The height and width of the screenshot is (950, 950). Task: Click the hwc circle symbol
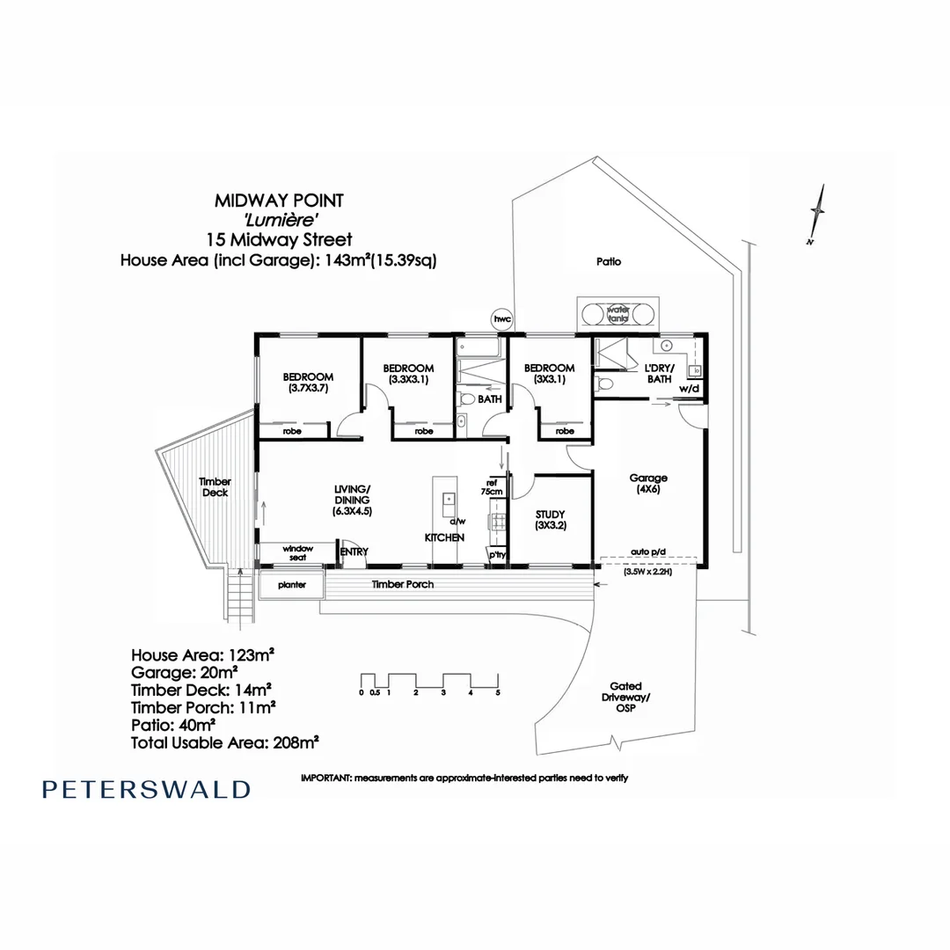pyautogui.click(x=502, y=319)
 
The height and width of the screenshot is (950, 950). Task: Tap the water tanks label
pyautogui.click(x=618, y=313)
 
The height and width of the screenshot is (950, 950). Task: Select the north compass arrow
pyautogui.click(x=817, y=215)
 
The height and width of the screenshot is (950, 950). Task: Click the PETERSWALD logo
pyautogui.click(x=146, y=789)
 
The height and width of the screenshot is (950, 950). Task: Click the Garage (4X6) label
pyautogui.click(x=648, y=484)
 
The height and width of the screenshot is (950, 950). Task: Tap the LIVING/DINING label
pyautogui.click(x=352, y=500)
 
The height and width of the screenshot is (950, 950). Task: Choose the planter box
pyautogui.click(x=291, y=585)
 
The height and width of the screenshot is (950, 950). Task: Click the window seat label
pyautogui.click(x=297, y=552)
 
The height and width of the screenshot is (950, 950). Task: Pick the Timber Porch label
pyautogui.click(x=402, y=584)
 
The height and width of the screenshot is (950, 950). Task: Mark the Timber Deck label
pyautogui.click(x=216, y=487)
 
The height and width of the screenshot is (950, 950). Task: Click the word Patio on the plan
pyautogui.click(x=609, y=262)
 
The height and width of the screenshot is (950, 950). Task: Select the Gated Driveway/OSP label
pyautogui.click(x=626, y=697)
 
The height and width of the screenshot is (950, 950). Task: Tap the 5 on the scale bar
pyautogui.click(x=498, y=692)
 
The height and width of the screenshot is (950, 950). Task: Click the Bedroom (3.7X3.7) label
pyautogui.click(x=309, y=383)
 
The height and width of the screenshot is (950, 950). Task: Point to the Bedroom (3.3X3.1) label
pyautogui.click(x=408, y=374)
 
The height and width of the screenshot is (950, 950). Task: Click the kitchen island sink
pyautogui.click(x=449, y=499)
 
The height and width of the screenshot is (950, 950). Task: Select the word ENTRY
pyautogui.click(x=354, y=552)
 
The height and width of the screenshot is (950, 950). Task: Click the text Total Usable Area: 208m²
pyautogui.click(x=225, y=742)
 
